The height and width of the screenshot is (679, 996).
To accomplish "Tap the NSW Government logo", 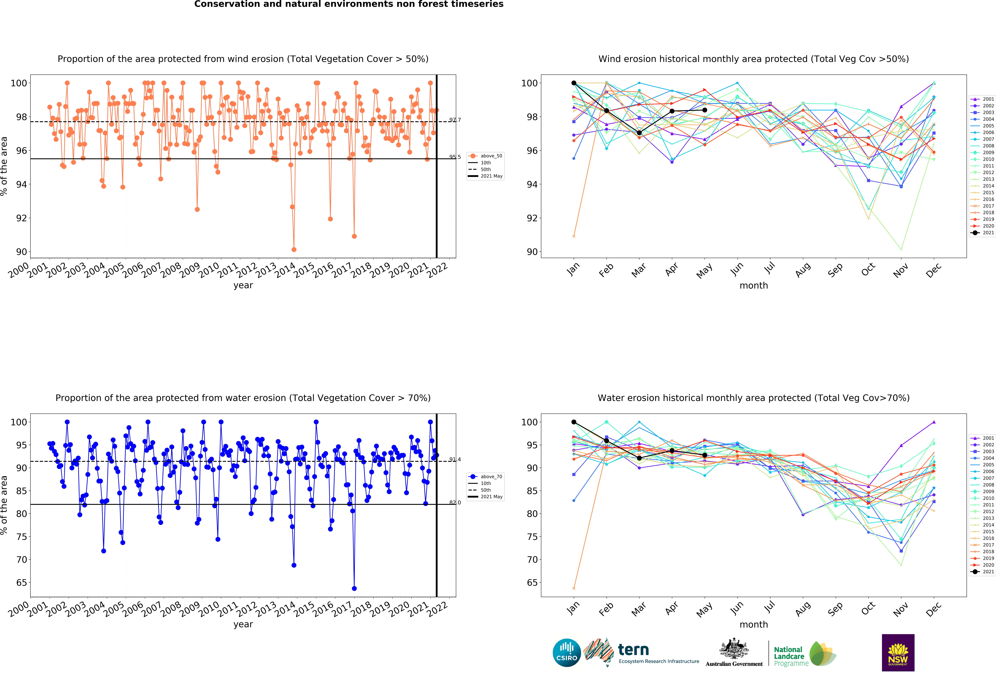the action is tap(898, 652).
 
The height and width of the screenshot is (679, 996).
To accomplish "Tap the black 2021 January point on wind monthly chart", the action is tap(574, 83).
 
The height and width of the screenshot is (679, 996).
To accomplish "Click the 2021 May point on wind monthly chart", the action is tap(705, 110).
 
